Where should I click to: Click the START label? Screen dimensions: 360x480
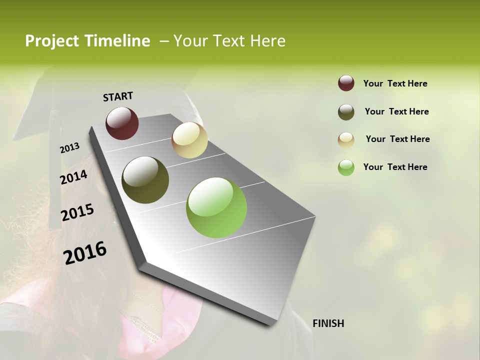click(x=118, y=96)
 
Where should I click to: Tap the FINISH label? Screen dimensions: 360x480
click(x=328, y=323)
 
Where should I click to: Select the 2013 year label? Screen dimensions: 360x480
click(x=70, y=148)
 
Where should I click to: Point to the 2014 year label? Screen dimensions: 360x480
click(x=74, y=177)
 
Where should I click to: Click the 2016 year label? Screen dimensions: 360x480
click(x=85, y=253)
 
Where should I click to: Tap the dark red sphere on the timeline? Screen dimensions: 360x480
click(x=122, y=123)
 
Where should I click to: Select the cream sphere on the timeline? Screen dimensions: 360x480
click(x=189, y=140)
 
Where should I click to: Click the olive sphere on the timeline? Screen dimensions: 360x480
click(x=145, y=180)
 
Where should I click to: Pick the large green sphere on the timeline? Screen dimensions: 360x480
click(x=216, y=207)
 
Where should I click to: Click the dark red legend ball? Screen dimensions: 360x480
click(x=346, y=83)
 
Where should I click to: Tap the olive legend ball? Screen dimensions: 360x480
click(x=346, y=112)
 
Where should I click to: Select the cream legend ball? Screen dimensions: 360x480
click(x=346, y=139)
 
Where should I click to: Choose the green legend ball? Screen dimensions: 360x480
click(x=346, y=167)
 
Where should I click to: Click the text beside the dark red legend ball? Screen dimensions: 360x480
click(x=395, y=83)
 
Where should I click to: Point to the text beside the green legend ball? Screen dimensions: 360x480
click(x=395, y=167)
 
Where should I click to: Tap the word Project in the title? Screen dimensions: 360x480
click(x=52, y=41)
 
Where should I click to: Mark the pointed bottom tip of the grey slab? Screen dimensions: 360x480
click(x=270, y=324)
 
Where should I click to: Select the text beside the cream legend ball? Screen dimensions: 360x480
click(x=397, y=139)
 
